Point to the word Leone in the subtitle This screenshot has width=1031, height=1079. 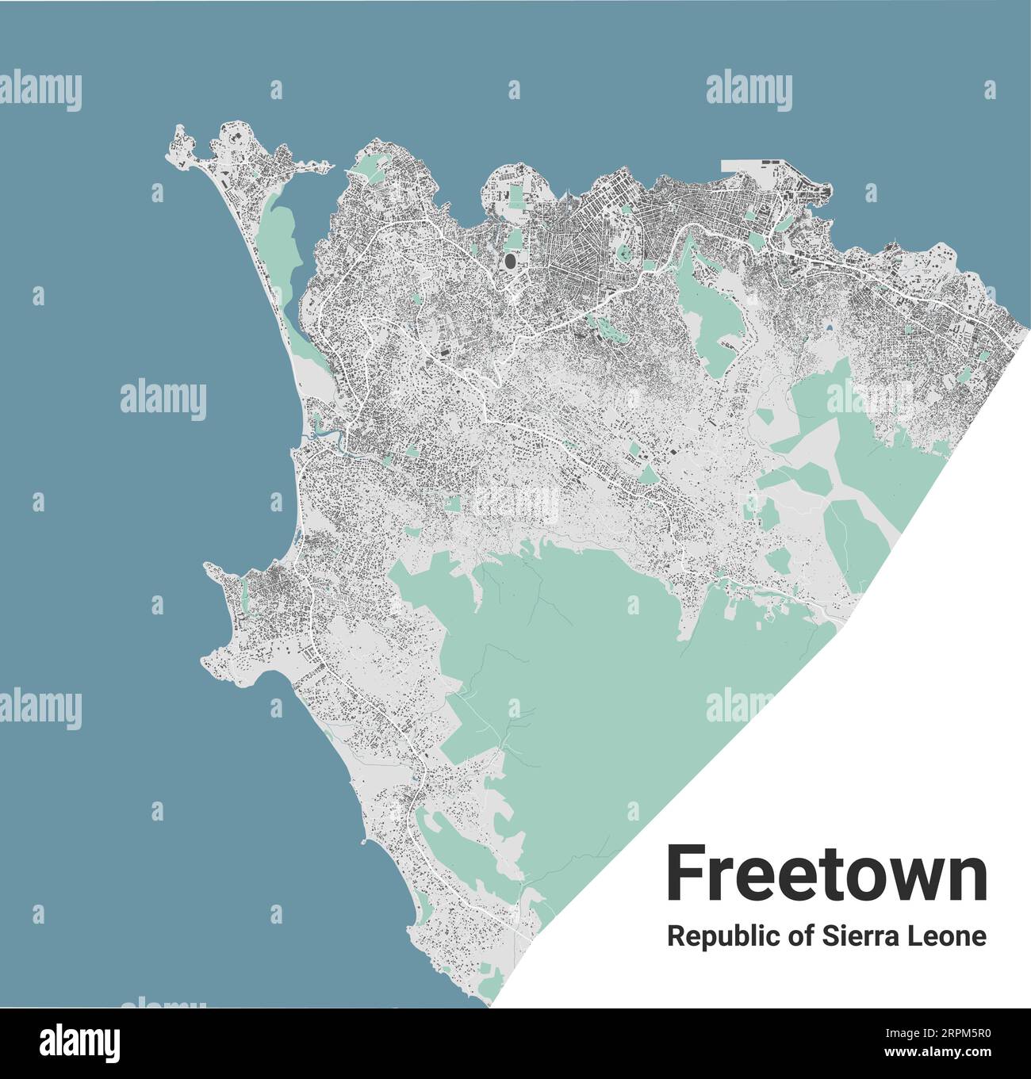[949, 936]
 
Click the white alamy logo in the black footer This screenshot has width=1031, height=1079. [80, 1041]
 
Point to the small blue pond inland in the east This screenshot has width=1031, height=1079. [829, 326]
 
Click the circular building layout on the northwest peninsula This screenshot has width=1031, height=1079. [235, 139]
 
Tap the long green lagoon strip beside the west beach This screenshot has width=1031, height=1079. [282, 238]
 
